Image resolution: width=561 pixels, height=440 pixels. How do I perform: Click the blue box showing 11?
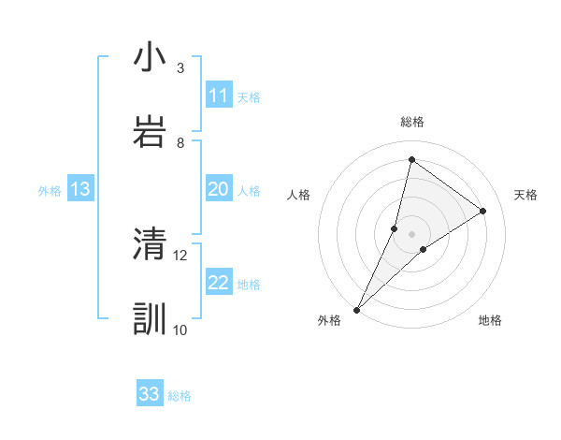tap(219, 95)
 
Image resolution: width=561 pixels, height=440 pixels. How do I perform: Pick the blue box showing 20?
tap(219, 189)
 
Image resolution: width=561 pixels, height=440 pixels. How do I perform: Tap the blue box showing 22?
tap(219, 283)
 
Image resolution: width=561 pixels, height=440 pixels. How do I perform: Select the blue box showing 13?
tap(80, 189)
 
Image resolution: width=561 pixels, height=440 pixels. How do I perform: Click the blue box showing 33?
tap(150, 394)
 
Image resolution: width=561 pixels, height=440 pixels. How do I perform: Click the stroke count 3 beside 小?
tap(180, 67)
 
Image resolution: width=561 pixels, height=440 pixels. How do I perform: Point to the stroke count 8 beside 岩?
tap(180, 142)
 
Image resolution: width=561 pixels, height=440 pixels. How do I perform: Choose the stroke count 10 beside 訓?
tap(180, 330)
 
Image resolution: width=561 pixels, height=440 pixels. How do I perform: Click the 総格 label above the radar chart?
tap(412, 122)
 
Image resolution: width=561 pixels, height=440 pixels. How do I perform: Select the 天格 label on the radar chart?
tap(525, 195)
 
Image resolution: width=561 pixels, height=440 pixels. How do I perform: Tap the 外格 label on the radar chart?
tap(329, 321)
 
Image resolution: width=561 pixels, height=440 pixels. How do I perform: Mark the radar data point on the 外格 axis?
tap(357, 309)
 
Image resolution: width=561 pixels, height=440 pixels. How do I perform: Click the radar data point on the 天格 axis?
tap(483, 211)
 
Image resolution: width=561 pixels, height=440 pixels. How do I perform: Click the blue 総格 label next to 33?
tap(180, 396)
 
